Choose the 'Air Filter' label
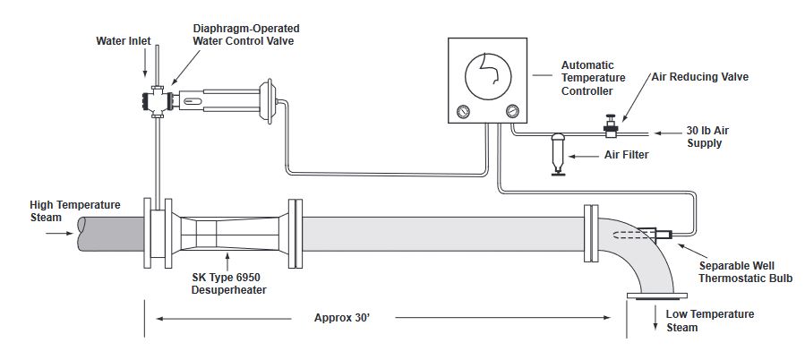626,155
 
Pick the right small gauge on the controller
513,112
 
